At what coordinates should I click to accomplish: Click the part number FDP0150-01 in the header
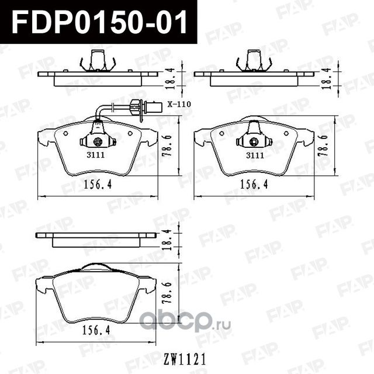point(98,22)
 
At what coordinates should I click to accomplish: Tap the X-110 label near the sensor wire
point(178,104)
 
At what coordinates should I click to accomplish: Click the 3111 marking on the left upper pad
point(95,155)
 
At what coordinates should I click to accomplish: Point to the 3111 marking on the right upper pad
point(254,155)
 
